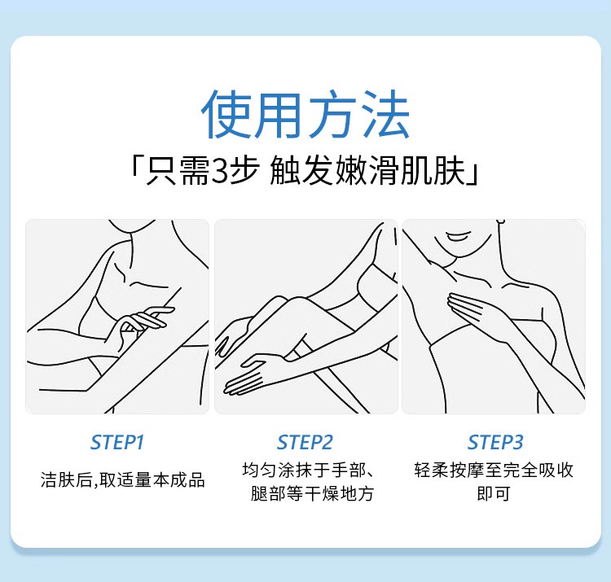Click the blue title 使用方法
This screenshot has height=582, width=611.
[x=305, y=114]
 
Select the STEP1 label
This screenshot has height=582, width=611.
[x=116, y=442]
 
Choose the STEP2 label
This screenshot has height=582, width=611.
[x=305, y=442]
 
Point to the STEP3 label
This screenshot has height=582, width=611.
[x=495, y=442]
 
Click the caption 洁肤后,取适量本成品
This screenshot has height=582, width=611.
[x=123, y=479]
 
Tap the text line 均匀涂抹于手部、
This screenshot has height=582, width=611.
[x=309, y=470]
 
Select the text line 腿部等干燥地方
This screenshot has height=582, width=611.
[x=313, y=493]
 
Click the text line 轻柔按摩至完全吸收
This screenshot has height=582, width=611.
[x=494, y=470]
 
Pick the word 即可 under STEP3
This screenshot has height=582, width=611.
[x=494, y=493]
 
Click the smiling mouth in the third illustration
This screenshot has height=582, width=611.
[x=458, y=236]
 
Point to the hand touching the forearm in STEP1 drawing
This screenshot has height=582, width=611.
[x=143, y=322]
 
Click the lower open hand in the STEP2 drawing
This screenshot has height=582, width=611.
[x=249, y=374]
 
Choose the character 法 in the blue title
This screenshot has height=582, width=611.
[x=385, y=114]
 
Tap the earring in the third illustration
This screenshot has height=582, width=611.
[x=502, y=222]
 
